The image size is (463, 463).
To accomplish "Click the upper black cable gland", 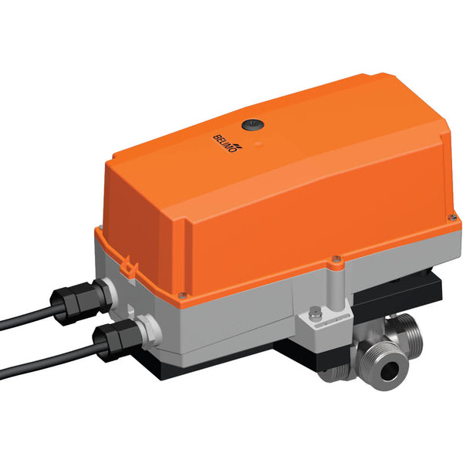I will [x=71, y=296].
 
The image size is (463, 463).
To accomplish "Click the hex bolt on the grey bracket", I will [x=316, y=313].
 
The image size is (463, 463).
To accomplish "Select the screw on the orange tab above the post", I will [x=335, y=260].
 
